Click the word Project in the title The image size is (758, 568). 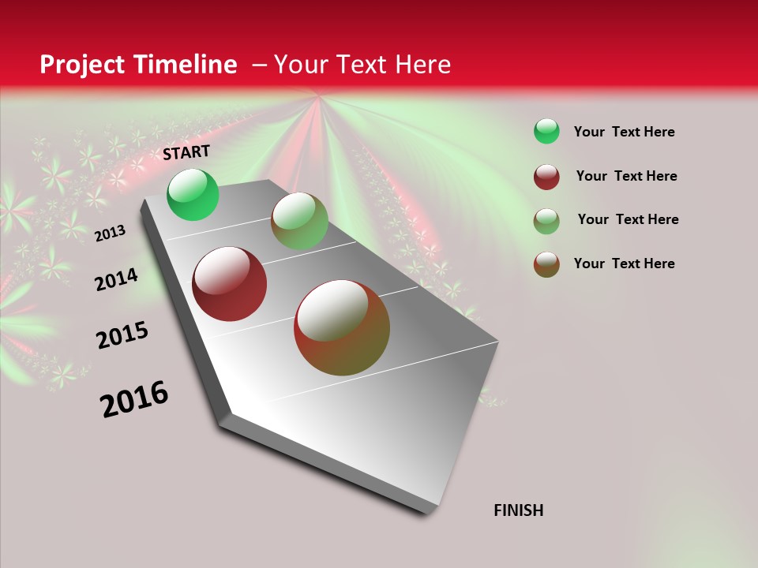point(83,65)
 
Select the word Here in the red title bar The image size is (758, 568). point(422,65)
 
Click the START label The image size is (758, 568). point(186,152)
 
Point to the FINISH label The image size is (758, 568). point(519,510)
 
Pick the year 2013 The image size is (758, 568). point(111,233)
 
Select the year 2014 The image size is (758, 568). point(117,279)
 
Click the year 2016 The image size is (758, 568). point(134,399)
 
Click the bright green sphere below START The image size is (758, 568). point(193,194)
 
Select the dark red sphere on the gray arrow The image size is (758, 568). point(230,284)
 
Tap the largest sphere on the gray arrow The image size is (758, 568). point(342,327)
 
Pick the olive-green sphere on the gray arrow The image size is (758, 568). point(299,221)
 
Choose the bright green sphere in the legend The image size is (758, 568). point(546,132)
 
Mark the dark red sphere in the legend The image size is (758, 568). point(546,177)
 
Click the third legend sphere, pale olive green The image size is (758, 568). point(546,221)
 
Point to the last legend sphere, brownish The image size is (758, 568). point(546,264)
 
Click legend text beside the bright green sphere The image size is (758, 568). point(624,132)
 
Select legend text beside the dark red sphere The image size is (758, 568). point(626,176)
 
